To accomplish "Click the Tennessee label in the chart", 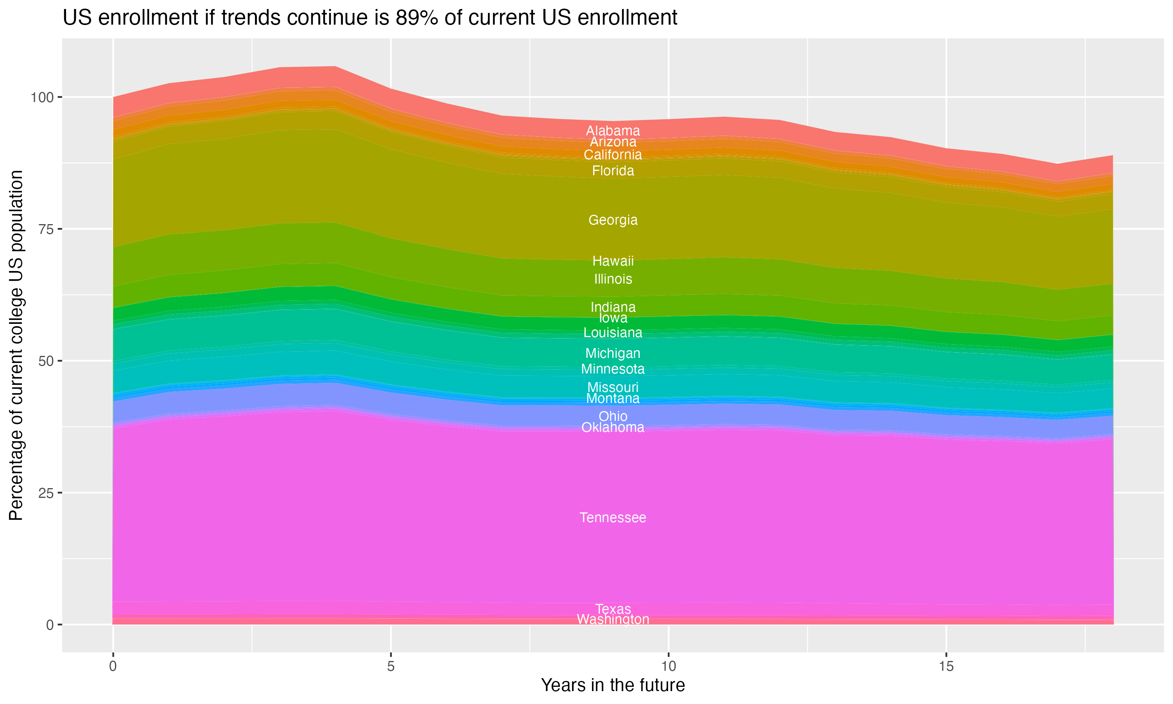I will click(613, 517).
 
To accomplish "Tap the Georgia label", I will click(613, 220).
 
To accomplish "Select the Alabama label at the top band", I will click(613, 131).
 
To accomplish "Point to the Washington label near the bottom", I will click(613, 620).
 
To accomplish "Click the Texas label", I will click(613, 609).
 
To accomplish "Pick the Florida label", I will click(613, 171).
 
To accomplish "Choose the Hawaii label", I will click(613, 261).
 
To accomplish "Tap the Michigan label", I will click(613, 354).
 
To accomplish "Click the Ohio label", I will click(613, 416).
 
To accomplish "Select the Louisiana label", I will click(613, 332).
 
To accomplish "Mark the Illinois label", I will click(613, 279).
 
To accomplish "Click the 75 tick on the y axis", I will click(45, 229).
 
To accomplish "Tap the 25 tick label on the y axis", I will click(45, 493).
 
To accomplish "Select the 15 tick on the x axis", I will click(946, 666).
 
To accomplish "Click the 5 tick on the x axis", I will click(391, 666).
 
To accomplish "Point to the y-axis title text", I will click(16, 345).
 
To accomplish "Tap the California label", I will click(613, 154).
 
